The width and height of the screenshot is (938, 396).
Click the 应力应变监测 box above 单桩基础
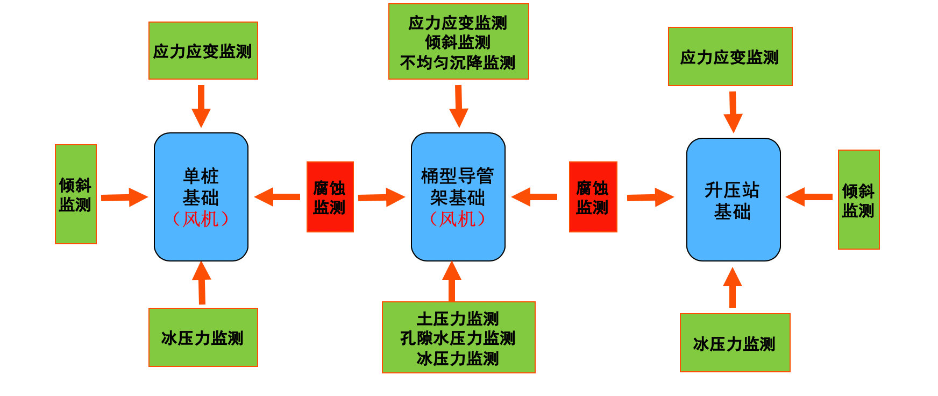click(203, 51)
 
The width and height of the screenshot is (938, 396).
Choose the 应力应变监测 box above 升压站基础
click(730, 56)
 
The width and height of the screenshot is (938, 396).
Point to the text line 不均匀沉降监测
click(458, 63)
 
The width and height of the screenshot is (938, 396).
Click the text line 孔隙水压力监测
click(458, 338)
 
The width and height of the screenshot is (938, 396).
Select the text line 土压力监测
click(458, 319)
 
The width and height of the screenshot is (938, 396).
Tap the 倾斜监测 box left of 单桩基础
click(76, 194)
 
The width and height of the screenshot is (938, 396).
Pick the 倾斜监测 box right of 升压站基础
click(858, 200)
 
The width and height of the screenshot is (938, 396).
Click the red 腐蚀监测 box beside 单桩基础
click(330, 197)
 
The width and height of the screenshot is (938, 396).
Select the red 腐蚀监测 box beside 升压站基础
click(593, 197)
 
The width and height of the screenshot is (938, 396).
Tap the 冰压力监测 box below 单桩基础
click(203, 337)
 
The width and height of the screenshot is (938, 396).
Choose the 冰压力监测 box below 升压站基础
click(735, 343)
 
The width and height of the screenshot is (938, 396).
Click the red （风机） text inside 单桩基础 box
click(201, 219)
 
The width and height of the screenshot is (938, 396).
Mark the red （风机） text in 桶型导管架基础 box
click(458, 219)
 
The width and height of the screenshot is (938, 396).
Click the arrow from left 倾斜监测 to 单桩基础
click(124, 197)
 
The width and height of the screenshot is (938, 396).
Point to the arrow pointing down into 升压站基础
click(733, 112)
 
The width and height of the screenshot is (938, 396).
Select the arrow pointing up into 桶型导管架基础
click(451, 281)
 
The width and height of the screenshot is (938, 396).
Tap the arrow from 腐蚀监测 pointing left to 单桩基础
click(277, 197)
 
